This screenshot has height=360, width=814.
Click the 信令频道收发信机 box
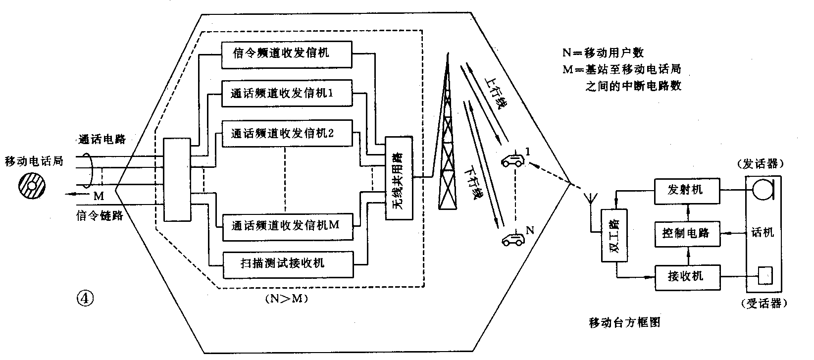pos(287,54)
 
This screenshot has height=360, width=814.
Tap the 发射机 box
pos(685,190)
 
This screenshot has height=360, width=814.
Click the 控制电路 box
pos(685,232)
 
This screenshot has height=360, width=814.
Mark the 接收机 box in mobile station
pos(685,276)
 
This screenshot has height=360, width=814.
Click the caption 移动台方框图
pos(625,323)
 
